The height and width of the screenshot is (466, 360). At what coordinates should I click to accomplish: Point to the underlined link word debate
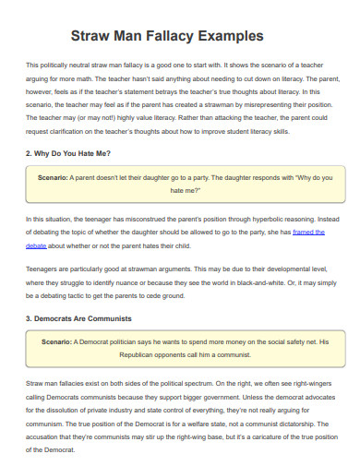tap(36, 246)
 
